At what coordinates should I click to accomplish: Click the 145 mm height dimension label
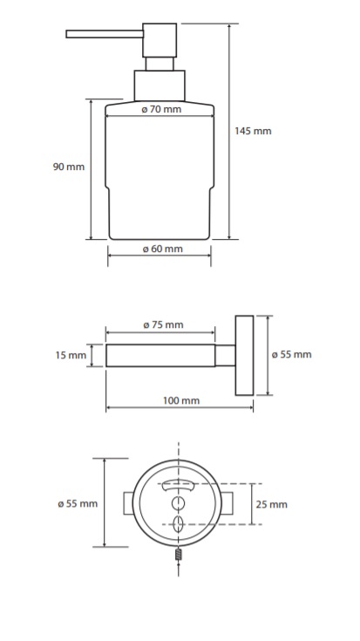(253, 131)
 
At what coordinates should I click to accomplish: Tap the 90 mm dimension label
(69, 167)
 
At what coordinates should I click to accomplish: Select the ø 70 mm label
(161, 110)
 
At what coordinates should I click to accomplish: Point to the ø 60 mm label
(163, 249)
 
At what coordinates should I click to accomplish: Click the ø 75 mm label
(164, 325)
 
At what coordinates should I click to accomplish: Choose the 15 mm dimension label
(71, 355)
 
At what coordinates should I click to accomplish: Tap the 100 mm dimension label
(181, 400)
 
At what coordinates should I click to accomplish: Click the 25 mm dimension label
(272, 504)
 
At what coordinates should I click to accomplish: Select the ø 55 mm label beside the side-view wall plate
(292, 354)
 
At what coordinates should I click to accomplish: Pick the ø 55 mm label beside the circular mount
(78, 504)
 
